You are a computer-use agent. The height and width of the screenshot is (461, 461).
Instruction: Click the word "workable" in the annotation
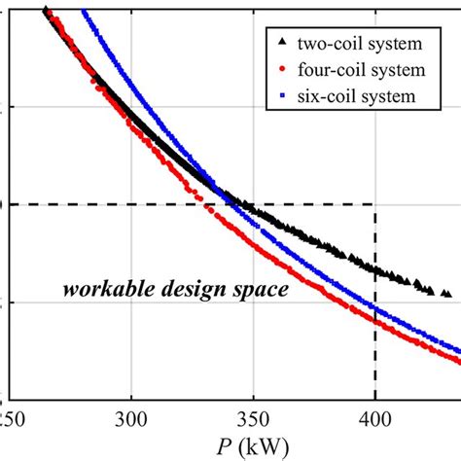[99, 289]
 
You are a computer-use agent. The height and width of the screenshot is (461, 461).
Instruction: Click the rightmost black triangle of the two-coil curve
[446, 293]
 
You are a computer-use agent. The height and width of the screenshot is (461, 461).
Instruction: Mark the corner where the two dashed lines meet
[375, 204]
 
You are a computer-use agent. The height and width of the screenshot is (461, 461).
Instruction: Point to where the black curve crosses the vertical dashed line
[375, 267]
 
